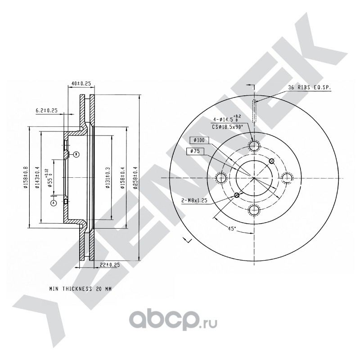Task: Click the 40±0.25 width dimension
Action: point(81,83)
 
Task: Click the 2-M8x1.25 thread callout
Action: point(194,201)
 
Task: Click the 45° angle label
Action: point(231,229)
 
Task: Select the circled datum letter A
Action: point(54,203)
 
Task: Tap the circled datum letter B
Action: point(76,154)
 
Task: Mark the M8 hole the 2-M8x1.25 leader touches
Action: point(237,195)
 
